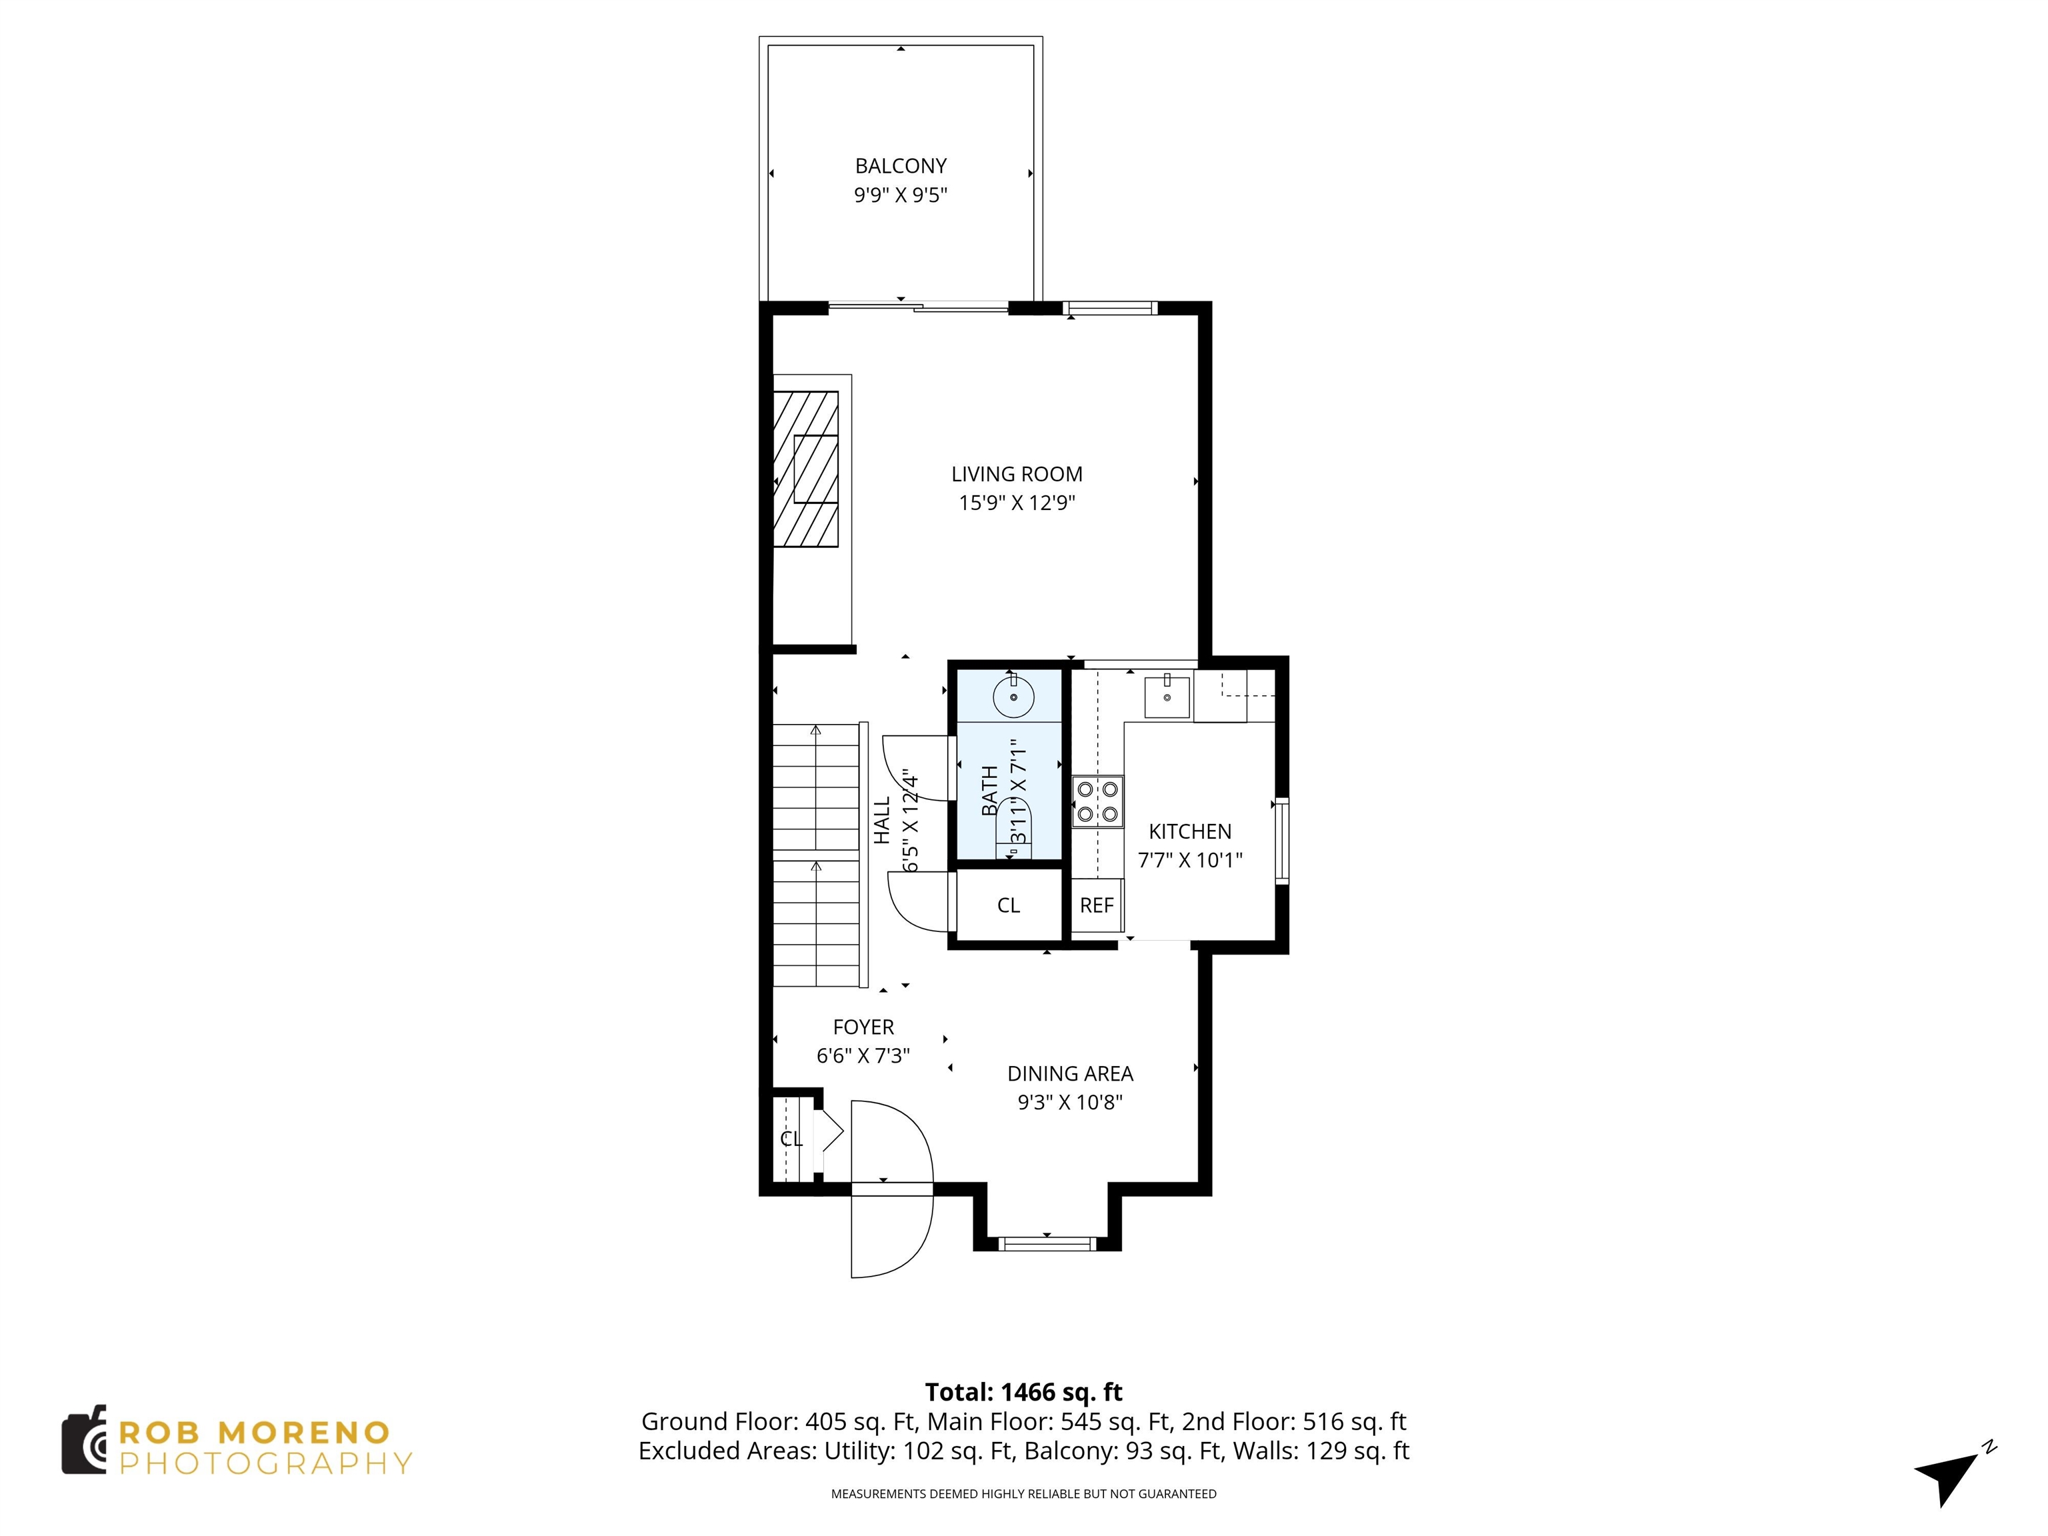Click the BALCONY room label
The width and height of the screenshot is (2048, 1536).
pos(900,166)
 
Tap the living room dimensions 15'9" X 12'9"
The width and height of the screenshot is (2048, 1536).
pos(1016,503)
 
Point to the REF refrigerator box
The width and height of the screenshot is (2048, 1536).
pos(1096,905)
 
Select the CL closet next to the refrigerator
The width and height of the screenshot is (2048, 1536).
pos(1008,905)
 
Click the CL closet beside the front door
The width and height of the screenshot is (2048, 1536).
pos(790,1139)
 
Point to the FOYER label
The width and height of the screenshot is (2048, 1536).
pos(863,1027)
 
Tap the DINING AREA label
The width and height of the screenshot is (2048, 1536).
pos(1069,1073)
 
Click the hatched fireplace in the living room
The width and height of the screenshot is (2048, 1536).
pos(805,469)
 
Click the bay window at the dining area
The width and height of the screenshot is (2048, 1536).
pos(1047,1243)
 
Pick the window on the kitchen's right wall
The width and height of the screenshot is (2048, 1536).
pos(1281,840)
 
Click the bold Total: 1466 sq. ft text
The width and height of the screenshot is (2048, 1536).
pos(1023,1391)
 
